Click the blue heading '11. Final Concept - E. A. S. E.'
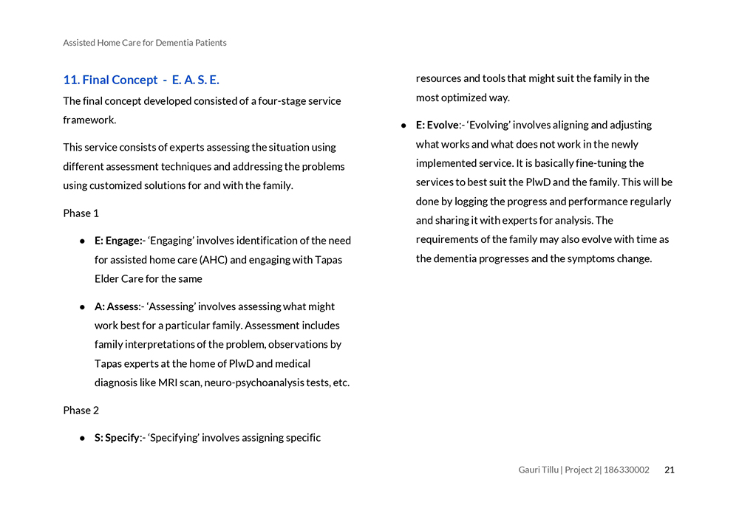[x=141, y=80]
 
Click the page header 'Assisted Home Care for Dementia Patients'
[x=145, y=43]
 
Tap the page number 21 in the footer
[x=670, y=470]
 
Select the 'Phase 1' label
[x=81, y=213]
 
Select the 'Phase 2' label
[x=81, y=411]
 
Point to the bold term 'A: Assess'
[x=117, y=306]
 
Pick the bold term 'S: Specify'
[x=117, y=438]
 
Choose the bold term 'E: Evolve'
[x=437, y=125]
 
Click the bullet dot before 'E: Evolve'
[x=404, y=126]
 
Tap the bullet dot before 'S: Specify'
[x=83, y=439]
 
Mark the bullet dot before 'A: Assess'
[x=83, y=307]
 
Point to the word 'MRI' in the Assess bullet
[x=168, y=382]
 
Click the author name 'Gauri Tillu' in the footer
[x=538, y=470]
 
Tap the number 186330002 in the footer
[x=627, y=470]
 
